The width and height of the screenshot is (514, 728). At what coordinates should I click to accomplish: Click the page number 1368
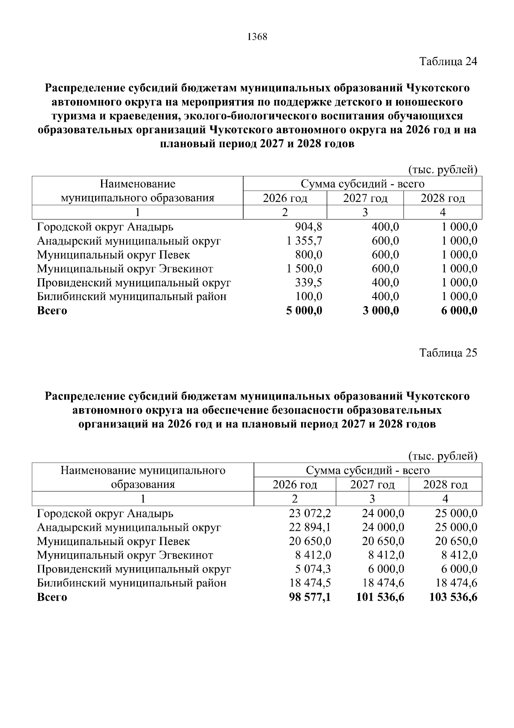coord(257,37)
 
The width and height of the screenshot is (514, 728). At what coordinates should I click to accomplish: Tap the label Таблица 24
coord(448,61)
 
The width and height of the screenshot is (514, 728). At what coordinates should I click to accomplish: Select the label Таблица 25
coord(448,353)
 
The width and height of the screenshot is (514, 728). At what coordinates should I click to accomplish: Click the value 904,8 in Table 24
coord(309,227)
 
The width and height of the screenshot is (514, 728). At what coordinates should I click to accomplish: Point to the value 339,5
coord(309,283)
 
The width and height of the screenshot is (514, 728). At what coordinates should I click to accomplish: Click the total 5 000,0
coord(304,310)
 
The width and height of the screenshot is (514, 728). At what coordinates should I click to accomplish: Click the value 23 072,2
coord(310,513)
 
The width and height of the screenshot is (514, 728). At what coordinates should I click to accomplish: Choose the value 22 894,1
coord(310,527)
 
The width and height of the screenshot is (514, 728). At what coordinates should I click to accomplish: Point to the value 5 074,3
coord(313,569)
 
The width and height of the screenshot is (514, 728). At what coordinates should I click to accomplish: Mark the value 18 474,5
coord(310,583)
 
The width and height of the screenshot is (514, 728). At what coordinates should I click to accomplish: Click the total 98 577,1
coord(310,597)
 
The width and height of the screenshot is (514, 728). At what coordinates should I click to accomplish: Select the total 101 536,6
coord(380,597)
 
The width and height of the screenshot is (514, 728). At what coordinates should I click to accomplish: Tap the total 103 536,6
coord(454,597)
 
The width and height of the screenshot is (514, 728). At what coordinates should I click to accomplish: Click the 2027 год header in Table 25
coord(372,485)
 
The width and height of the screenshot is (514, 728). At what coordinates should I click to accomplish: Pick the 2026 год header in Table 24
coord(285,199)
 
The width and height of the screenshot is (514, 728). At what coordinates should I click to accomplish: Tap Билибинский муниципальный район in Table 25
coord(131,583)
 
